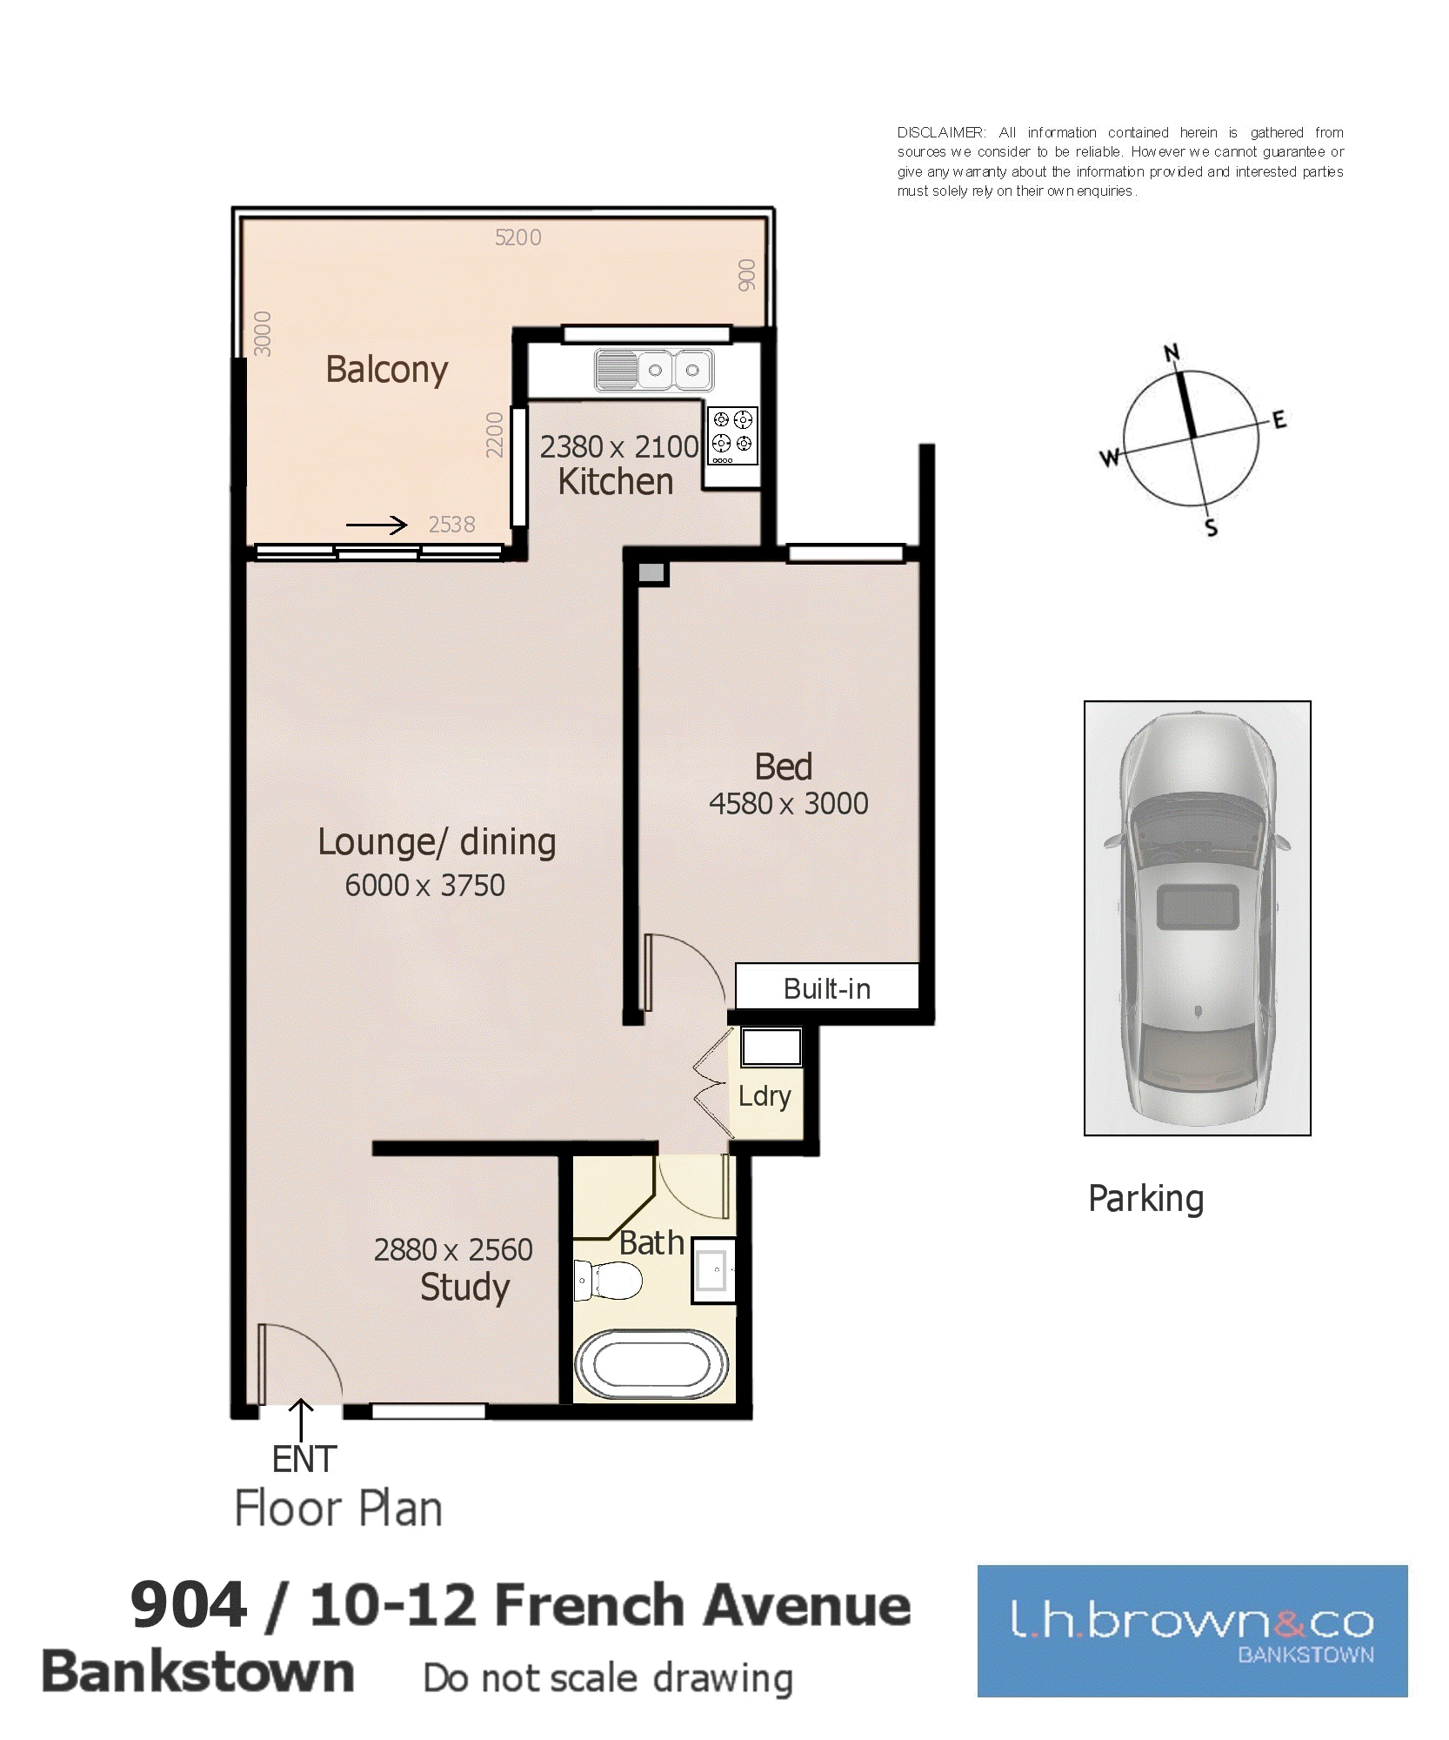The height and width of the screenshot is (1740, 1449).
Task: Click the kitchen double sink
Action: tap(654, 370)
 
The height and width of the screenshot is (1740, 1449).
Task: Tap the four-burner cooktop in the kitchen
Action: tap(732, 436)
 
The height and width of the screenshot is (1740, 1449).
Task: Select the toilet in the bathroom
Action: tap(608, 1281)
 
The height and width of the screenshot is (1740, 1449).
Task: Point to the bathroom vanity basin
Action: tap(713, 1271)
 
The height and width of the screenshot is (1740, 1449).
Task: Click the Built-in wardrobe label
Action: tap(826, 988)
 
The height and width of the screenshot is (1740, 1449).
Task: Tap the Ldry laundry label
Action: tap(765, 1097)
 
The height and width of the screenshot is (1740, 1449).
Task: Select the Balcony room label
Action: tap(386, 371)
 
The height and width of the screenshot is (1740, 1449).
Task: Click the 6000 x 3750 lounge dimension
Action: tap(424, 885)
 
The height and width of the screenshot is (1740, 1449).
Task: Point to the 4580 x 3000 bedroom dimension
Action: tap(788, 803)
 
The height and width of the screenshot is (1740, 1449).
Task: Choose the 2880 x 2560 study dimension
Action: tap(453, 1249)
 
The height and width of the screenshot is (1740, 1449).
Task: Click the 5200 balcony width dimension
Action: tap(517, 238)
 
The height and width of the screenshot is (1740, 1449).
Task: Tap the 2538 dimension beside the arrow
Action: tap(451, 525)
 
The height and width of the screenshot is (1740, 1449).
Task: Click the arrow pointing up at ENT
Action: tap(301, 1420)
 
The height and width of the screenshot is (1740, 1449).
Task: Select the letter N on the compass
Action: tap(1172, 352)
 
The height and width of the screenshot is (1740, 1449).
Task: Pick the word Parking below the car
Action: tap(1146, 1200)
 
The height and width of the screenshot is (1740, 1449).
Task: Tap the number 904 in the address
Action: tap(189, 1605)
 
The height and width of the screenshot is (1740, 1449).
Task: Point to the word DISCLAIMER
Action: tap(941, 132)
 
